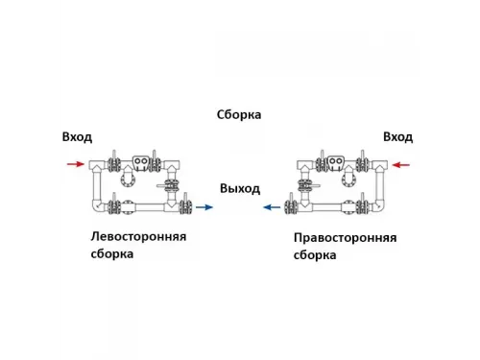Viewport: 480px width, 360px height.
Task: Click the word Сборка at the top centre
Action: click(239, 115)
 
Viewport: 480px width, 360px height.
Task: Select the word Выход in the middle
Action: click(240, 188)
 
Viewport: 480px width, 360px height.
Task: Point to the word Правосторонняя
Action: click(344, 237)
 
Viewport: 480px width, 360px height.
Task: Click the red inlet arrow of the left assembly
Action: click(74, 164)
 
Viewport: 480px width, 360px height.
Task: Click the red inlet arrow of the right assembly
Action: click(401, 165)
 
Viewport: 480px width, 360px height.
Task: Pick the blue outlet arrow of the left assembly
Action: click(204, 205)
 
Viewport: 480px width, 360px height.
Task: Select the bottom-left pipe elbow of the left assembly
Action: click(96, 204)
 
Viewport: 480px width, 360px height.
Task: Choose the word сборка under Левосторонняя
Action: click(114, 254)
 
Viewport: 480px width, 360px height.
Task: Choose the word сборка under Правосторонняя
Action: click(314, 255)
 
